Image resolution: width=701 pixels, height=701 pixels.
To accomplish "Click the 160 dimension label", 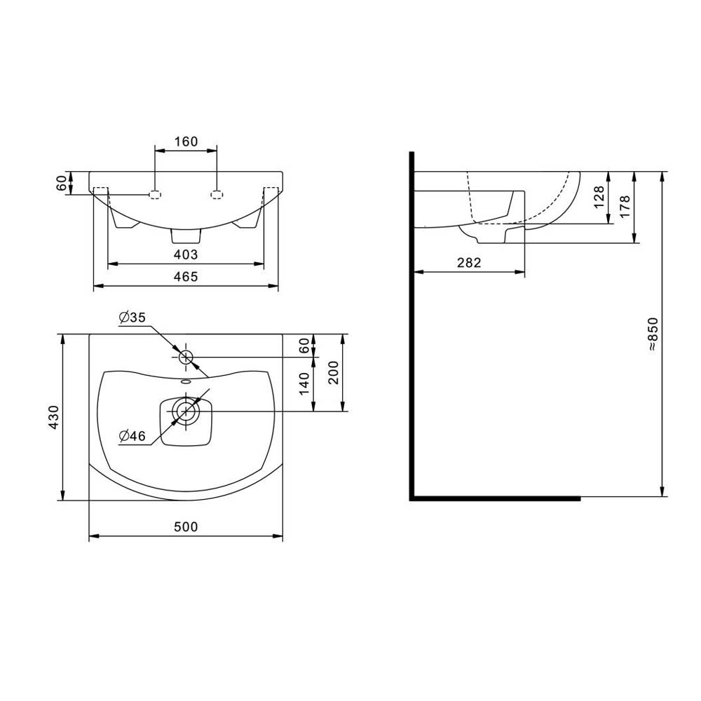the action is [186, 142].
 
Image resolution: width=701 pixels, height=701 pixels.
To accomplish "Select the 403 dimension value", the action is [186, 254].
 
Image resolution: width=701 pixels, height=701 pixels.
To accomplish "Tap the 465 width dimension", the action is [186, 277].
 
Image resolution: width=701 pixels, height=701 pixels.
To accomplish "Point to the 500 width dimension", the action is [186, 526].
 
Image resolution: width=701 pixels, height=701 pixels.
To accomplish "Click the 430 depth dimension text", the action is [54, 417].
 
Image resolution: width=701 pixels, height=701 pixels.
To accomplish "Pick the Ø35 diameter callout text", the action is [132, 318].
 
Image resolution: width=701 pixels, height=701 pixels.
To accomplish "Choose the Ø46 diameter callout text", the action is [132, 435].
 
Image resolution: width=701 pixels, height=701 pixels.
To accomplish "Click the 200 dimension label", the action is [334, 372].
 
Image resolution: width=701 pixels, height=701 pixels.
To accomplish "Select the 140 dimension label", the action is [304, 383].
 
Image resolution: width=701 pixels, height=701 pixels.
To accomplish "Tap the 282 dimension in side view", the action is [469, 262].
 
